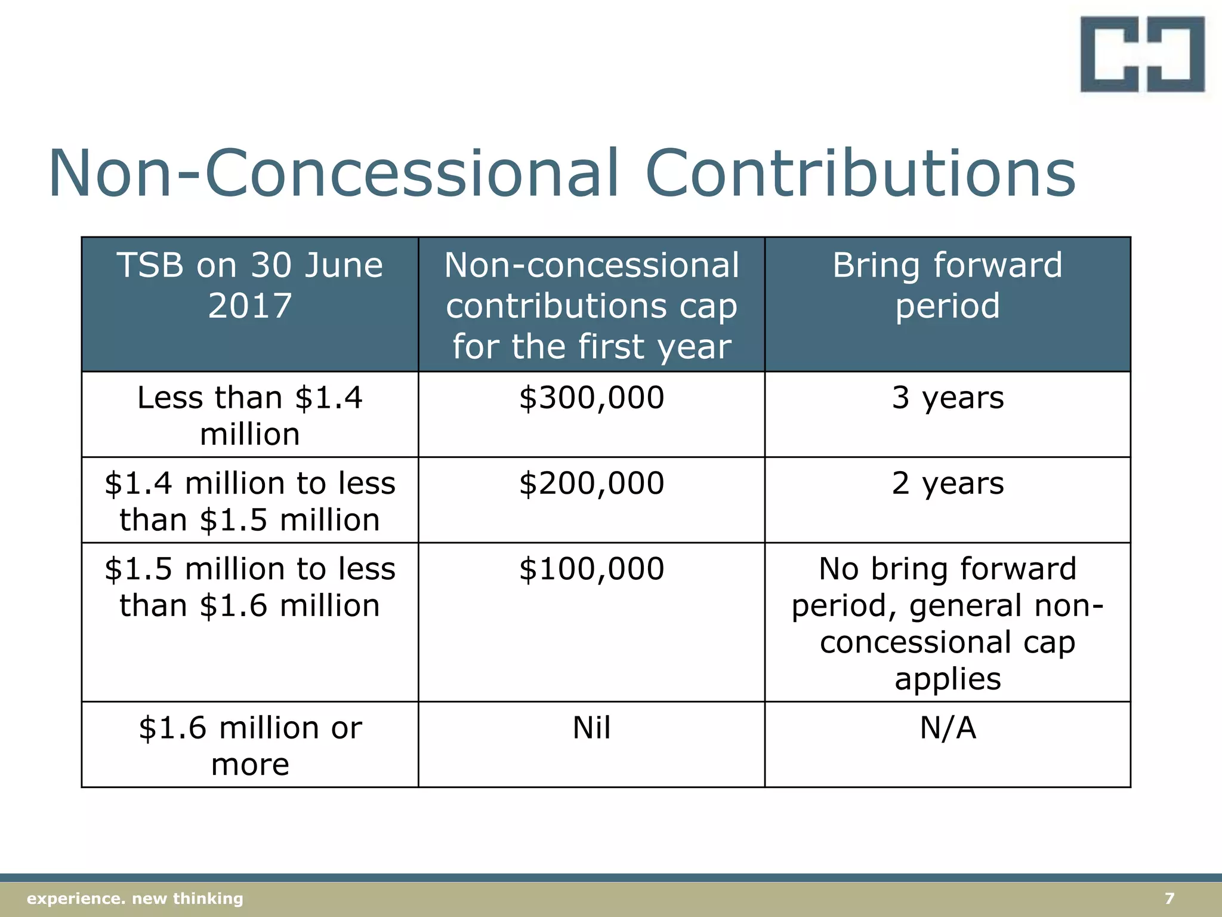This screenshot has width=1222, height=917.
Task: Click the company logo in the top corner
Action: (x=1142, y=54)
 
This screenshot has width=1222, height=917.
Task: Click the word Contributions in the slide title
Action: (x=860, y=174)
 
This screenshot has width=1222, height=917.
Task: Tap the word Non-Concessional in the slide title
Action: (x=334, y=174)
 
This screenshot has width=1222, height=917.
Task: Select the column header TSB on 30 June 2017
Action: (x=250, y=285)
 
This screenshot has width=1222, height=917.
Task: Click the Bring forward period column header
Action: (x=948, y=285)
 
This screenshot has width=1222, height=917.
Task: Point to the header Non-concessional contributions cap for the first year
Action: (x=591, y=305)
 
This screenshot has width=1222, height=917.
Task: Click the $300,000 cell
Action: (x=591, y=398)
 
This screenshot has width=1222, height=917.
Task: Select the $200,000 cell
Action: (x=591, y=483)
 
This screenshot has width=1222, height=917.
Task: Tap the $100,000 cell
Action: (x=591, y=568)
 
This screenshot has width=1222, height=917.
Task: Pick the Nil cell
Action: (x=591, y=728)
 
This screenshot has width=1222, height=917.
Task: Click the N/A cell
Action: (x=948, y=728)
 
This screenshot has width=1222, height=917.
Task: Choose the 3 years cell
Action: (x=948, y=398)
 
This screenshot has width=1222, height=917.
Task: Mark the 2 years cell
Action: (x=948, y=483)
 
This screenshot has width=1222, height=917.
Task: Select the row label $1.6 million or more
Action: (x=250, y=745)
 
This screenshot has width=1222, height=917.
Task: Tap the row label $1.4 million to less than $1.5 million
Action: (x=250, y=501)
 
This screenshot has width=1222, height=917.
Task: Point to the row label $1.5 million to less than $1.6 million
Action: (x=250, y=586)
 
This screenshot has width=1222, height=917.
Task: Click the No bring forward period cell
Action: (x=948, y=623)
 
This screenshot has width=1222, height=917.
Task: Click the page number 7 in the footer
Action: (x=1169, y=898)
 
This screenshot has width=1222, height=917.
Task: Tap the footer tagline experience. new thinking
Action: (x=135, y=898)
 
